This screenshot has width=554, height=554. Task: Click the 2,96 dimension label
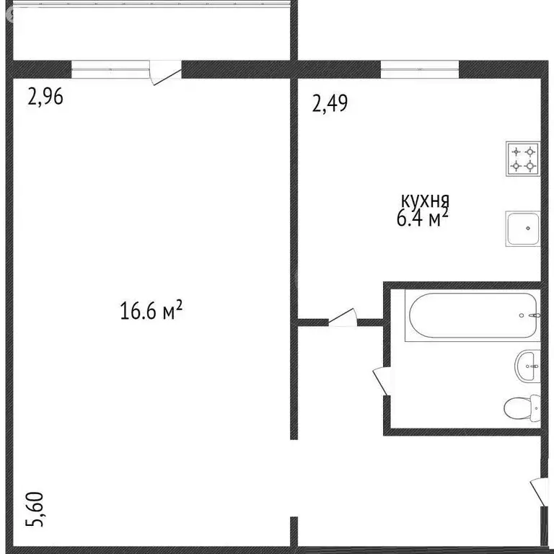(x=45, y=97)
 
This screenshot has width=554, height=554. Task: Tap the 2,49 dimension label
(x=330, y=105)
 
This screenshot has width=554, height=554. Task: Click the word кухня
(x=426, y=200)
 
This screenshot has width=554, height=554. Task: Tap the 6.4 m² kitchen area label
(x=423, y=219)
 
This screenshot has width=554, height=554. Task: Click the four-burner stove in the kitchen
(x=524, y=159)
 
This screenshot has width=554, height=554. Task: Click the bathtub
(x=472, y=315)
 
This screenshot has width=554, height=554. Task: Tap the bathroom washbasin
(x=529, y=366)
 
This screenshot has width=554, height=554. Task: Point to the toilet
(x=520, y=409)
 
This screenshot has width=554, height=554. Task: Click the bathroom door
(x=380, y=381)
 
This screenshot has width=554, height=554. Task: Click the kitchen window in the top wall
(x=420, y=69)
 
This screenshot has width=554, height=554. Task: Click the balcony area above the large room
(x=151, y=32)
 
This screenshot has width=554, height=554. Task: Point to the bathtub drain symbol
(x=532, y=315)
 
